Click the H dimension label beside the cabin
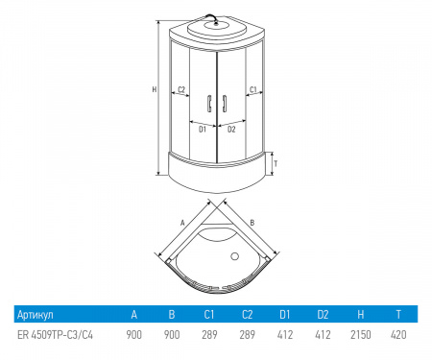pyautogui.click(x=155, y=89)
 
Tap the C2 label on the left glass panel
pyautogui.click(x=181, y=89)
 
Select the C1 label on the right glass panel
pyautogui.click(x=253, y=89)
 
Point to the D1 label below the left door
pyautogui.click(x=203, y=130)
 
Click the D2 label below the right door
pyautogui.click(x=231, y=130)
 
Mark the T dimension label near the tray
pyautogui.click(x=276, y=164)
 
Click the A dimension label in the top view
pyautogui.click(x=182, y=223)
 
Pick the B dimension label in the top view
pyautogui.click(x=252, y=223)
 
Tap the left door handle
pyautogui.click(x=209, y=104)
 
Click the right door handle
pyautogui.click(x=225, y=104)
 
